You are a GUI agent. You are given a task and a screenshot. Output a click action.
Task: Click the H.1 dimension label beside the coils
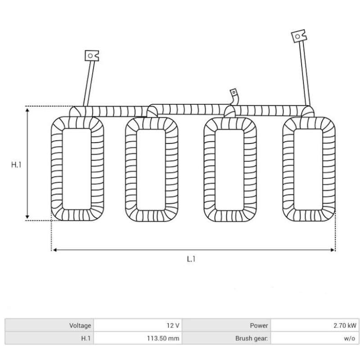click(16, 165)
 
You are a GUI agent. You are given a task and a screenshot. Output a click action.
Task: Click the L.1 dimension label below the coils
click(191, 259)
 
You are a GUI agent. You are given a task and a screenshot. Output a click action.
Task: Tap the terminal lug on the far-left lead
click(91, 55)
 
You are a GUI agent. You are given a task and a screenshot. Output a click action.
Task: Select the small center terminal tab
click(234, 93)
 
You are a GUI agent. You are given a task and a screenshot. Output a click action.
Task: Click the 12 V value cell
click(138, 325)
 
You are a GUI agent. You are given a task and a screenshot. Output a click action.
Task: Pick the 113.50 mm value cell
click(138, 338)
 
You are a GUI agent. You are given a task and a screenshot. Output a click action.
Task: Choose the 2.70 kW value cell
click(315, 325)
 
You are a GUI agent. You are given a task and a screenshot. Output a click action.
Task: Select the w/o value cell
click(315, 338)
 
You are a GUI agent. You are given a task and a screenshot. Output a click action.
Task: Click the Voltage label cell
click(49, 325)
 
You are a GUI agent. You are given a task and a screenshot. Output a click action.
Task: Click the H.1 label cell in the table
click(49, 338)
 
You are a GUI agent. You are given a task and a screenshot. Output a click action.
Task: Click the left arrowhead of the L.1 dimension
click(54, 250)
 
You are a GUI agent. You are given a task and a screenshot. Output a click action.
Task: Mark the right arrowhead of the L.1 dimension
click(333, 250)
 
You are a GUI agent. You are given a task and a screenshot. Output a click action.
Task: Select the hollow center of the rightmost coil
click(308, 169)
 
